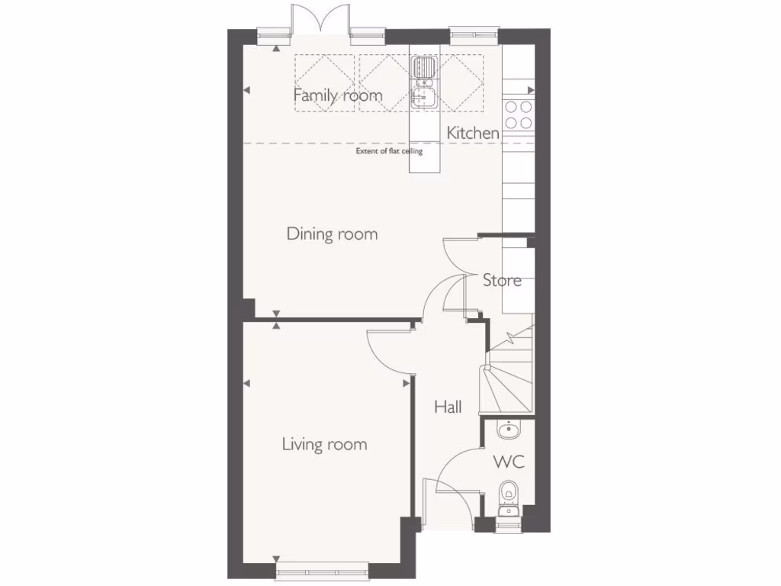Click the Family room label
coord(338,95)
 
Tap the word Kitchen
coord(473,133)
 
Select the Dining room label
coord(332,233)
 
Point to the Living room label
coord(324,444)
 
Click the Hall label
coord(448,407)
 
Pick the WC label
coord(509,462)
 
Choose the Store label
coord(502,280)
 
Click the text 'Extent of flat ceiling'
coord(389,151)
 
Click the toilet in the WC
coord(508,495)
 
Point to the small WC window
coord(507,523)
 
